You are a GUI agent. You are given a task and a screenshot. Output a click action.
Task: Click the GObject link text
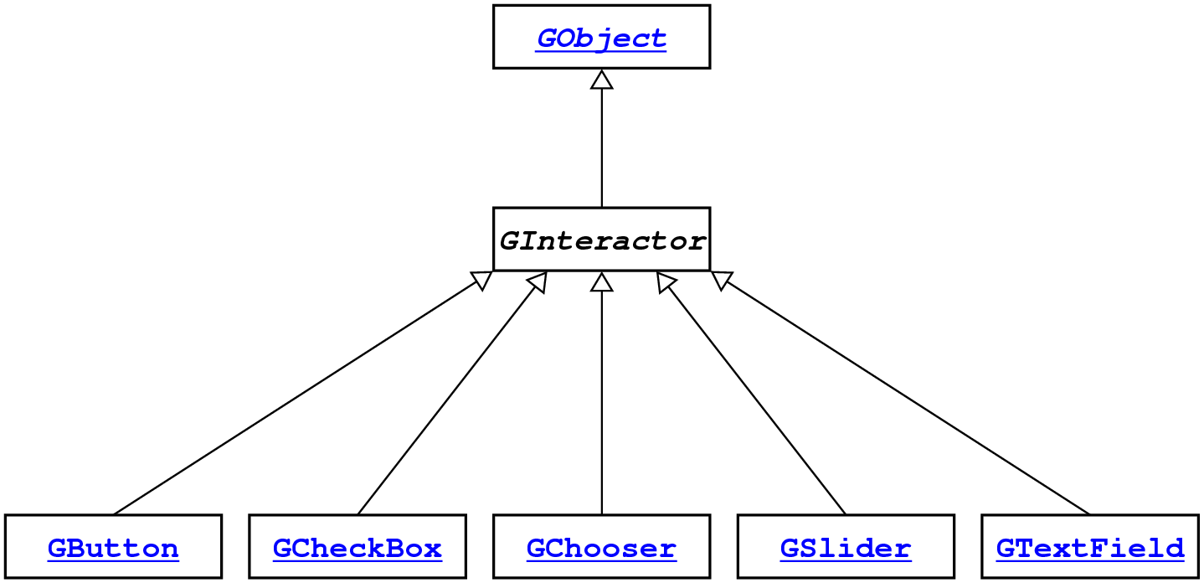[x=601, y=38]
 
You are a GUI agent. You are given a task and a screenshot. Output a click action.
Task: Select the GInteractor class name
[x=601, y=241]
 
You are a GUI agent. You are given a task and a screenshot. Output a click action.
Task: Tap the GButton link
[x=113, y=549]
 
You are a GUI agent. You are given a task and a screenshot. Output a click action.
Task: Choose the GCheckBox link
[x=358, y=549]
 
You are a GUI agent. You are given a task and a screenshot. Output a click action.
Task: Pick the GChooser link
[x=601, y=549]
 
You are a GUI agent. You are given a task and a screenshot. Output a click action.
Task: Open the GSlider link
[x=846, y=549]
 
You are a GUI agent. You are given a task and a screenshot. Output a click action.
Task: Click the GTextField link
[x=1090, y=549]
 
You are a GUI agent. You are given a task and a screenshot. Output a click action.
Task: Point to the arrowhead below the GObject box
[x=602, y=79]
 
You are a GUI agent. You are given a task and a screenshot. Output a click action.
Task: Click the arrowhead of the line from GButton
[x=481, y=281]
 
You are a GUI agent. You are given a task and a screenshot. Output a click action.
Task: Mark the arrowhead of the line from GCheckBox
[x=538, y=282]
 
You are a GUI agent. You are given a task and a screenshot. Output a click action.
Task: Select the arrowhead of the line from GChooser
[x=602, y=282]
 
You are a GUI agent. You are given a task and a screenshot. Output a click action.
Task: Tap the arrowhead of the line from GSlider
[x=666, y=282]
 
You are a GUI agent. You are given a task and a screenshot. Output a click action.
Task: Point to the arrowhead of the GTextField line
[x=723, y=281]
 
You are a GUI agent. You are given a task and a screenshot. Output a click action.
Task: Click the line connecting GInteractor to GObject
[x=602, y=147]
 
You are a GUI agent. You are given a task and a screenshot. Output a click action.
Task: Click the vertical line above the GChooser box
[x=602, y=402]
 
